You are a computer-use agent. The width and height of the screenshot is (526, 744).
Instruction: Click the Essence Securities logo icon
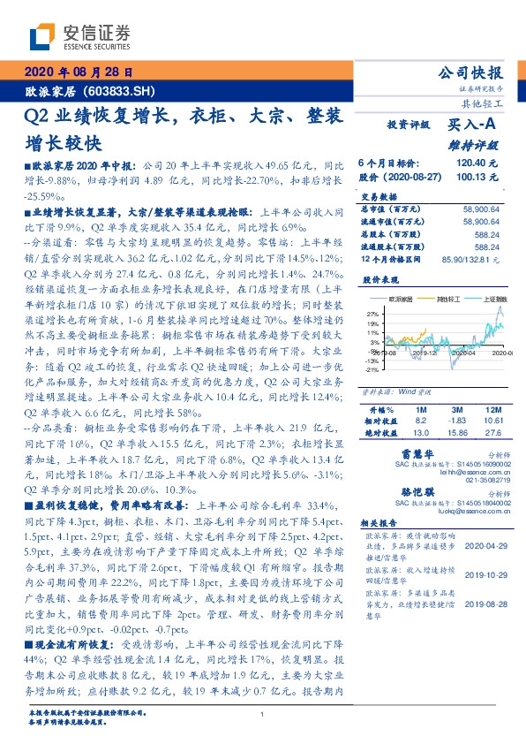pos(41,37)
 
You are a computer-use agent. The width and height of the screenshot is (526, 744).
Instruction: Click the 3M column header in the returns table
pos(455,410)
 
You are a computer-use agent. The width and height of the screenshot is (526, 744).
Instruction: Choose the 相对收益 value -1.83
pos(455,421)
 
